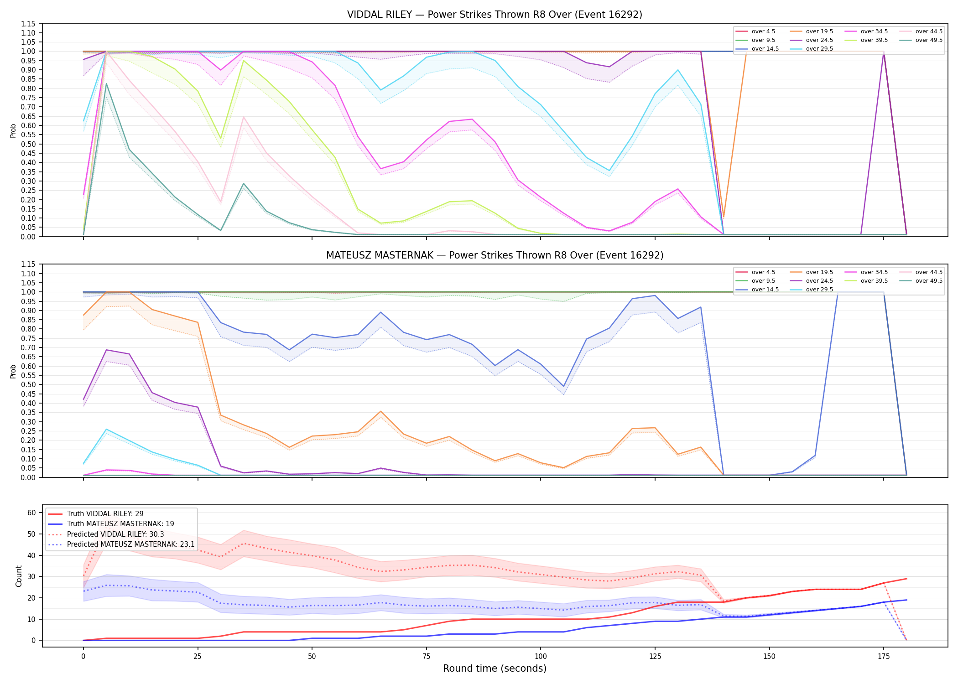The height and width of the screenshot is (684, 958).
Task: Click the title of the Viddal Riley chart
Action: (x=495, y=15)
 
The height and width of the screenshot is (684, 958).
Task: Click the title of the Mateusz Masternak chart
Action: (x=495, y=255)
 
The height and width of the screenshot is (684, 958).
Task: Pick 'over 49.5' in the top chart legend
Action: (x=929, y=40)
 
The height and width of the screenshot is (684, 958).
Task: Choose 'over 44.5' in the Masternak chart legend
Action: (x=929, y=272)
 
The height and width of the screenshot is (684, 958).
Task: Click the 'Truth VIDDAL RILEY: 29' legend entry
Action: (x=105, y=514)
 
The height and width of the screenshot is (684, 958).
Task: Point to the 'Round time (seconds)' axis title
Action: (x=495, y=668)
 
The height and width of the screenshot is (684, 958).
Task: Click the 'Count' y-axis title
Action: (x=19, y=576)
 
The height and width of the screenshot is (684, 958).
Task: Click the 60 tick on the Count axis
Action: (x=31, y=513)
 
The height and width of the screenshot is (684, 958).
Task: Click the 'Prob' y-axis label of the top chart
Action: (x=13, y=130)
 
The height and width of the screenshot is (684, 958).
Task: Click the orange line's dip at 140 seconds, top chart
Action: (x=724, y=218)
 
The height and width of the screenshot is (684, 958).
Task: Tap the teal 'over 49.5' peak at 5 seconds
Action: (x=106, y=83)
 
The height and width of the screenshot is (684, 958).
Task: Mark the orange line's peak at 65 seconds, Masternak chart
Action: (x=381, y=411)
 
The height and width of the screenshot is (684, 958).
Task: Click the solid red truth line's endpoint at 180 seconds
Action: (x=906, y=579)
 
